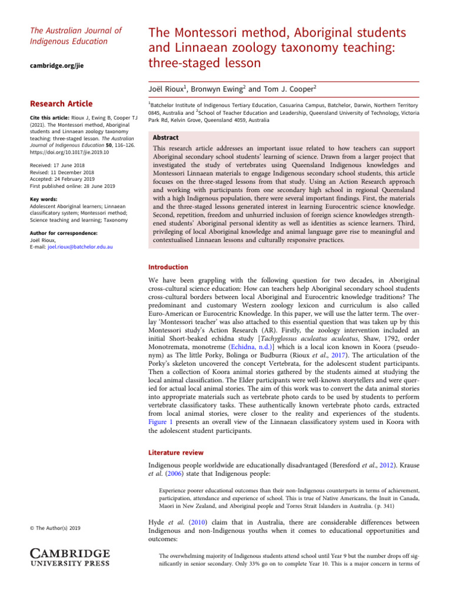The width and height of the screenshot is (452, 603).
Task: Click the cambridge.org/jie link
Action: point(56,66)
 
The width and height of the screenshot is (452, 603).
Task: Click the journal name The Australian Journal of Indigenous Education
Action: point(76,36)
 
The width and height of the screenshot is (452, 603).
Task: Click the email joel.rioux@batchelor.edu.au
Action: point(80,247)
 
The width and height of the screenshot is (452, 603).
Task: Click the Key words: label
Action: point(44,200)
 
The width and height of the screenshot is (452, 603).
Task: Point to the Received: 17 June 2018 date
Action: point(58,165)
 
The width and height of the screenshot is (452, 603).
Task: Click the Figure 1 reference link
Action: point(174,422)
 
